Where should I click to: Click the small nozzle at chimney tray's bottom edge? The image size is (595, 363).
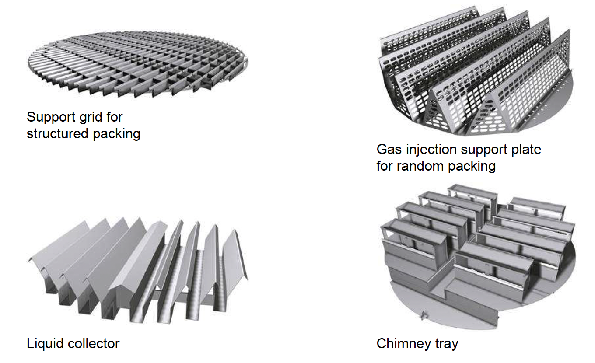(424, 313)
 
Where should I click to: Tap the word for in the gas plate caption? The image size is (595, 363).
(385, 166)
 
